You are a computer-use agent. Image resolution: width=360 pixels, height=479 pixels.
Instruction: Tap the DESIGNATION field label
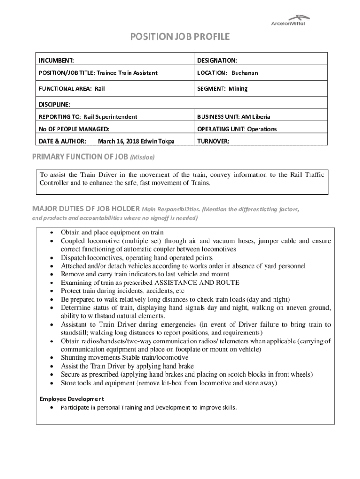click(217, 60)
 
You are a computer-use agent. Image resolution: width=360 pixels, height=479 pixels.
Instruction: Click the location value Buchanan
click(245, 73)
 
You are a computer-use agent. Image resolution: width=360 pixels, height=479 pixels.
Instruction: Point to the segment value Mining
click(238, 88)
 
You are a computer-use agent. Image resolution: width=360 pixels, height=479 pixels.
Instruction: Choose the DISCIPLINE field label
click(54, 104)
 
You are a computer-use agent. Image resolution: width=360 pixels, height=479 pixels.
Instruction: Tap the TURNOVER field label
click(213, 141)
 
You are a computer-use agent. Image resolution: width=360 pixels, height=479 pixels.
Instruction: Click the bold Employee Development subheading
click(72, 399)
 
